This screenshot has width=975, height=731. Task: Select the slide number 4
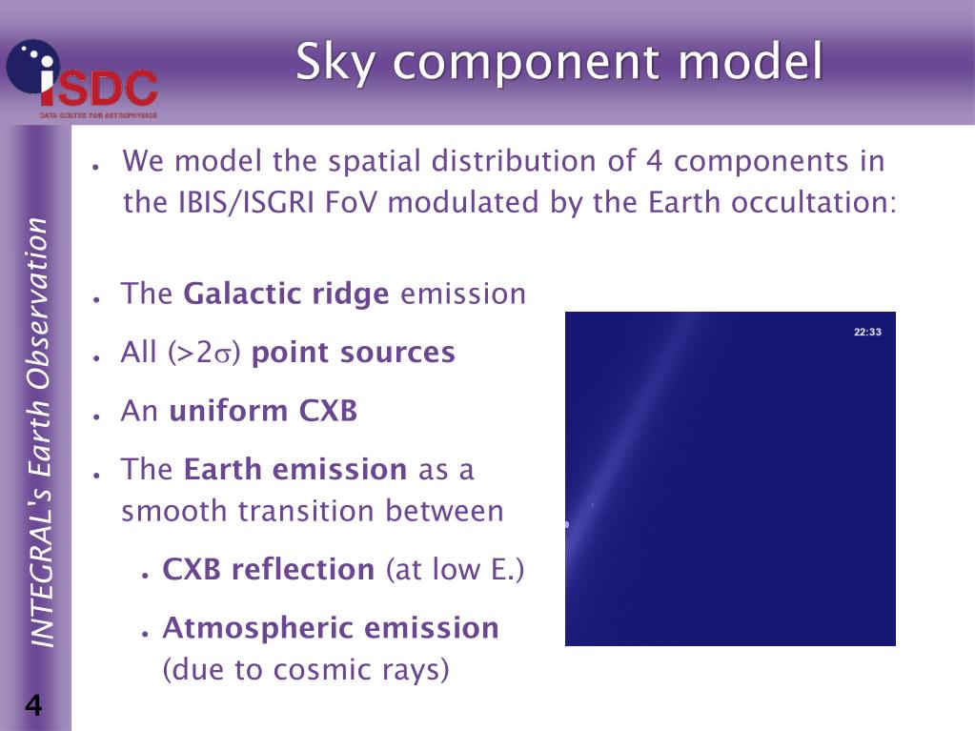[33, 706]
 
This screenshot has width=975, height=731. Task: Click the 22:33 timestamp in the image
[867, 333]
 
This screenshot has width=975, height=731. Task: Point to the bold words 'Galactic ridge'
[286, 294]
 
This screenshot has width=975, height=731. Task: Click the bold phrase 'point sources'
[353, 353]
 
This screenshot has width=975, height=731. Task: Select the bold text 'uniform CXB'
[263, 412]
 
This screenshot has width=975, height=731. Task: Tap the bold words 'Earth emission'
[295, 470]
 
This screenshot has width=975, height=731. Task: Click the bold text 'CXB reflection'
[268, 570]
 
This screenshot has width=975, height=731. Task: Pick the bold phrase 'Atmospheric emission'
[331, 628]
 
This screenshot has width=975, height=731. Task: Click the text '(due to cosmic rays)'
[306, 670]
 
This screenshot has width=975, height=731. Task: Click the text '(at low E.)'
[455, 570]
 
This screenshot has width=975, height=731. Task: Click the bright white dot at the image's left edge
[566, 524]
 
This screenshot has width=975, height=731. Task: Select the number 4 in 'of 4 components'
[654, 161]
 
